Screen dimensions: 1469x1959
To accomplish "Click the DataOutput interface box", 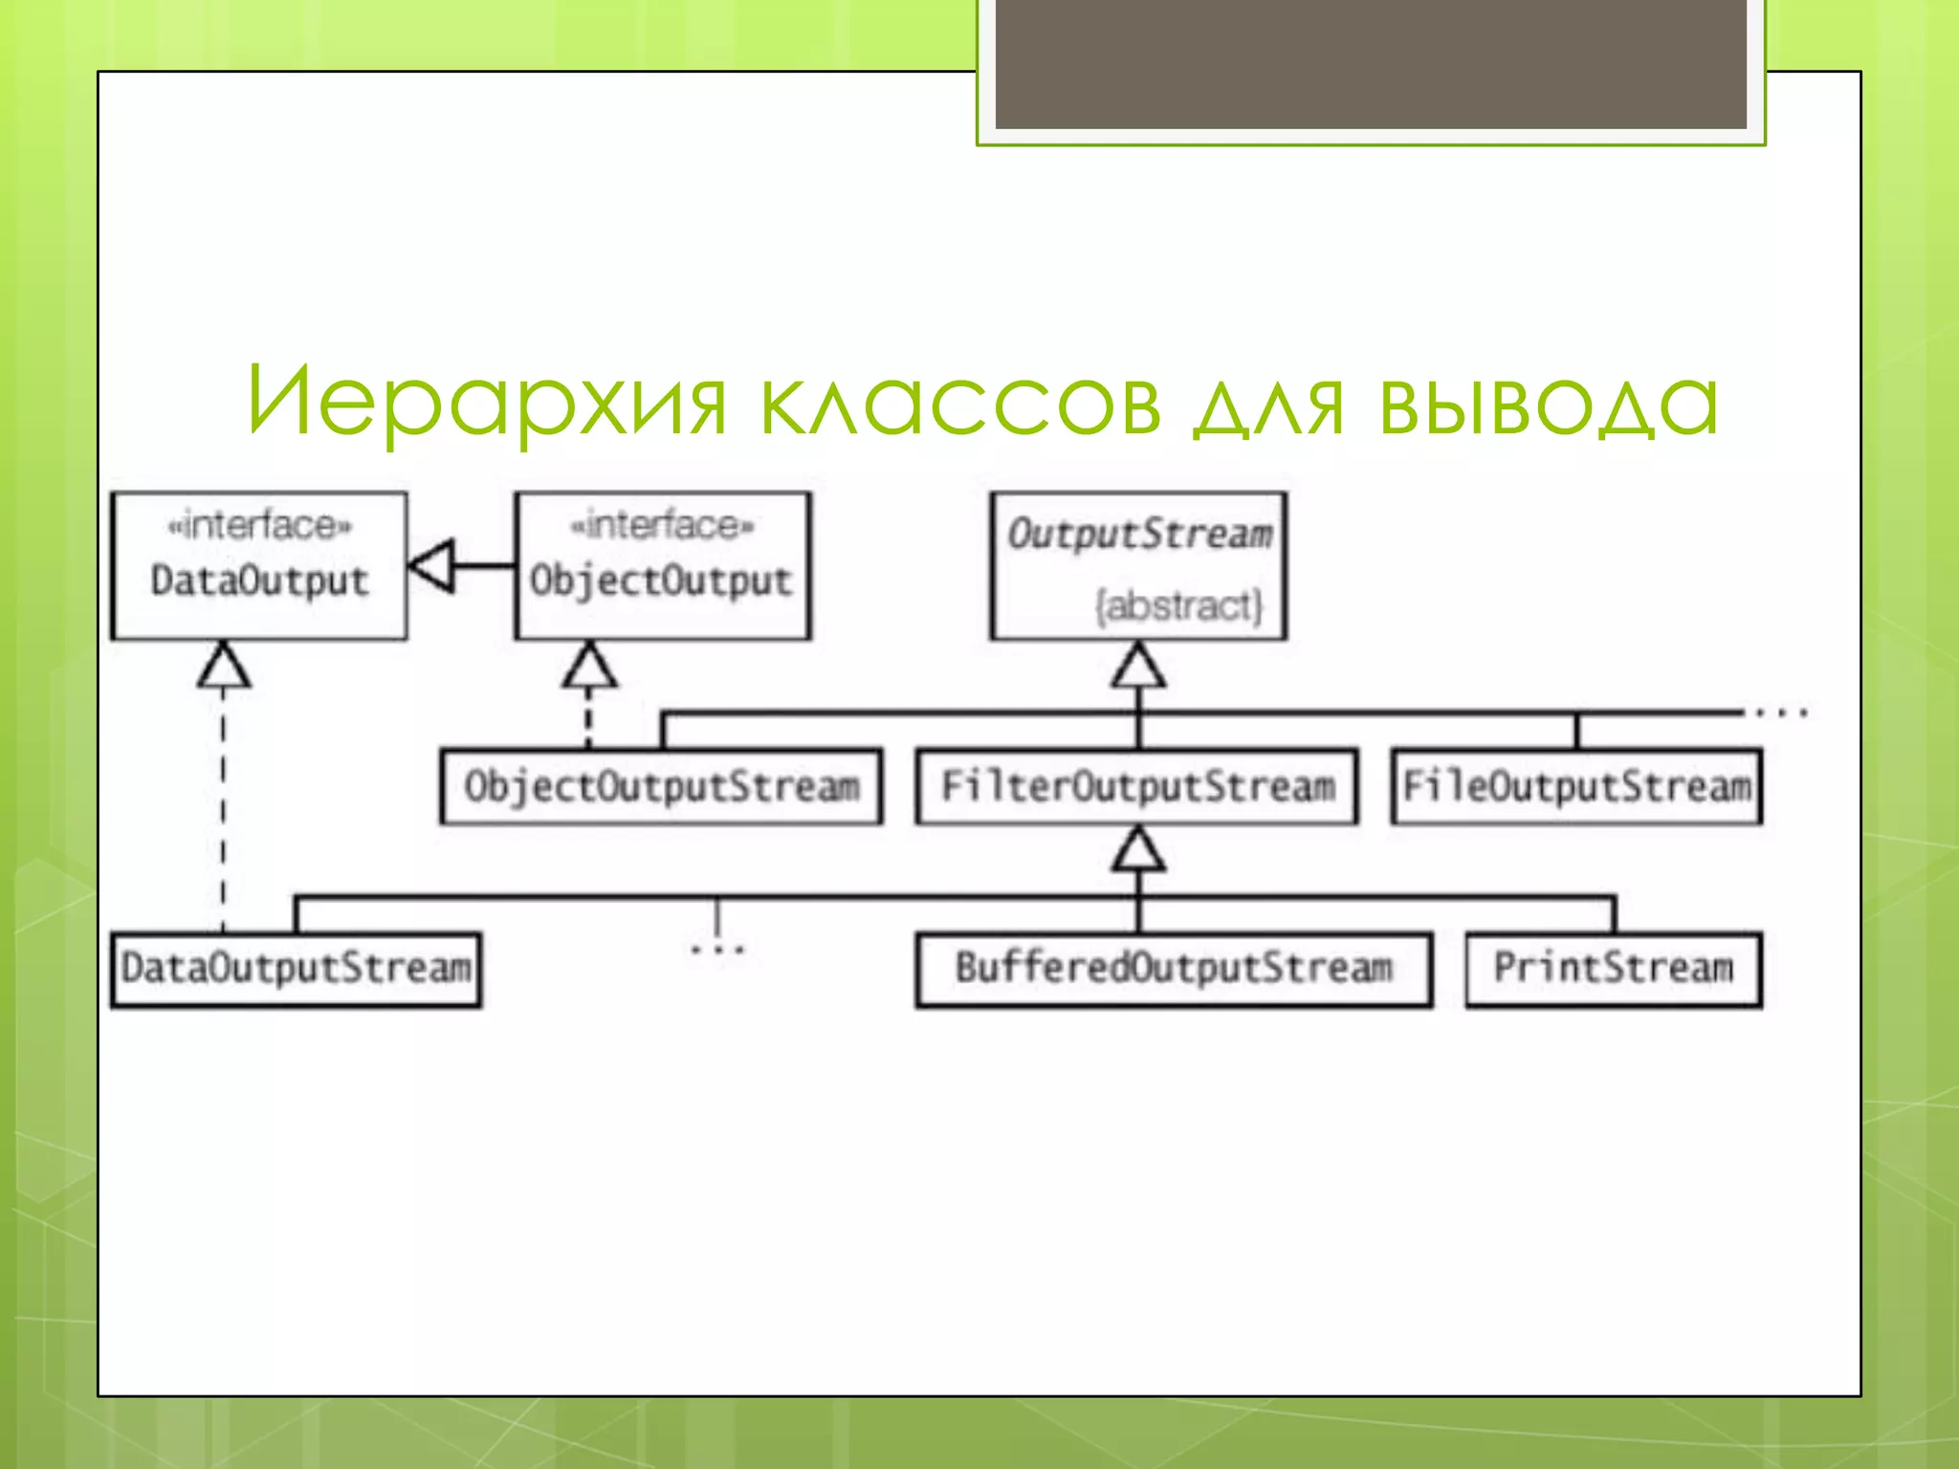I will pos(258,565).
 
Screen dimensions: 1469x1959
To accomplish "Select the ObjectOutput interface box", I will pos(662,565).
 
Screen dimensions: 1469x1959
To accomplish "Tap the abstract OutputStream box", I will pos(1138,565).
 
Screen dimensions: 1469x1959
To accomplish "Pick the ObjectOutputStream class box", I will pos(661,786).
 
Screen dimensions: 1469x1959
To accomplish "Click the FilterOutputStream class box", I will pos(1136,786).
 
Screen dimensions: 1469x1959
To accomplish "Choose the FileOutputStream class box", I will pos(1576,786).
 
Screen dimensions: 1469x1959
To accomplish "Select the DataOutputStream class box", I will pos(296,969).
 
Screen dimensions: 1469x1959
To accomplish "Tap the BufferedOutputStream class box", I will pos(1174,969).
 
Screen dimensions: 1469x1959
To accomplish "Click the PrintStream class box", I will pos(1614,969).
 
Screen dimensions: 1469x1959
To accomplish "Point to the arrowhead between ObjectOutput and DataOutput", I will pos(432,565).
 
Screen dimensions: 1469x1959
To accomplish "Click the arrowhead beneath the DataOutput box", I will pos(224,666).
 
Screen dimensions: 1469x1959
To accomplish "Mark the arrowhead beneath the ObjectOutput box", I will pos(589,666).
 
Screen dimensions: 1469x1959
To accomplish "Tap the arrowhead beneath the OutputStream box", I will pos(1138,666).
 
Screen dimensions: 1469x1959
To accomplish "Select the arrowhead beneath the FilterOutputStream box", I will pos(1138,849).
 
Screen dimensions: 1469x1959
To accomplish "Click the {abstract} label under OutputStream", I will pos(1178,605).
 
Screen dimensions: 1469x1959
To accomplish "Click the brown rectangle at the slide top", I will pos(1371,63).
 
